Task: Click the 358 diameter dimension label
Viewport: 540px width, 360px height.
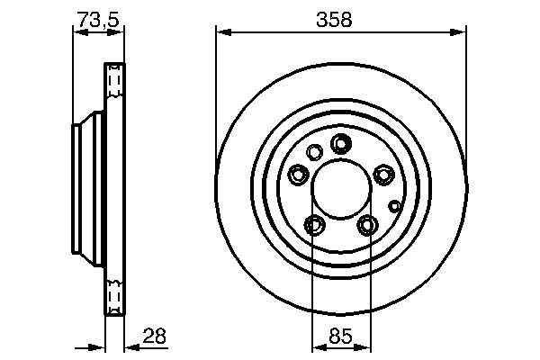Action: click(x=341, y=18)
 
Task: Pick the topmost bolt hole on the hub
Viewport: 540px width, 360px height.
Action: click(x=340, y=143)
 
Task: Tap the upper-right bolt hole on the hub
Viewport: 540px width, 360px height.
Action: click(x=382, y=175)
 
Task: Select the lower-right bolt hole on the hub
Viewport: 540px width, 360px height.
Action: click(x=366, y=224)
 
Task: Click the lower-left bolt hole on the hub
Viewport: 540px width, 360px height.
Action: click(x=314, y=224)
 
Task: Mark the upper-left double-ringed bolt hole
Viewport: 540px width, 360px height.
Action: click(x=298, y=175)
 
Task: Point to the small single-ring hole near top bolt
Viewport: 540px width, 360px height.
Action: click(x=314, y=152)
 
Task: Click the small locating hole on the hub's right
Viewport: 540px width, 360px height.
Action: click(x=393, y=205)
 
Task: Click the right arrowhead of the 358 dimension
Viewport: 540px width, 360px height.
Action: click(x=461, y=32)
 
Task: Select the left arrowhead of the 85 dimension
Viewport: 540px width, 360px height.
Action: click(x=315, y=346)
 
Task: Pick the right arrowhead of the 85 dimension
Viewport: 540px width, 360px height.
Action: click(x=365, y=346)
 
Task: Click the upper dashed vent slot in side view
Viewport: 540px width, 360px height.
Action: click(x=113, y=81)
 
